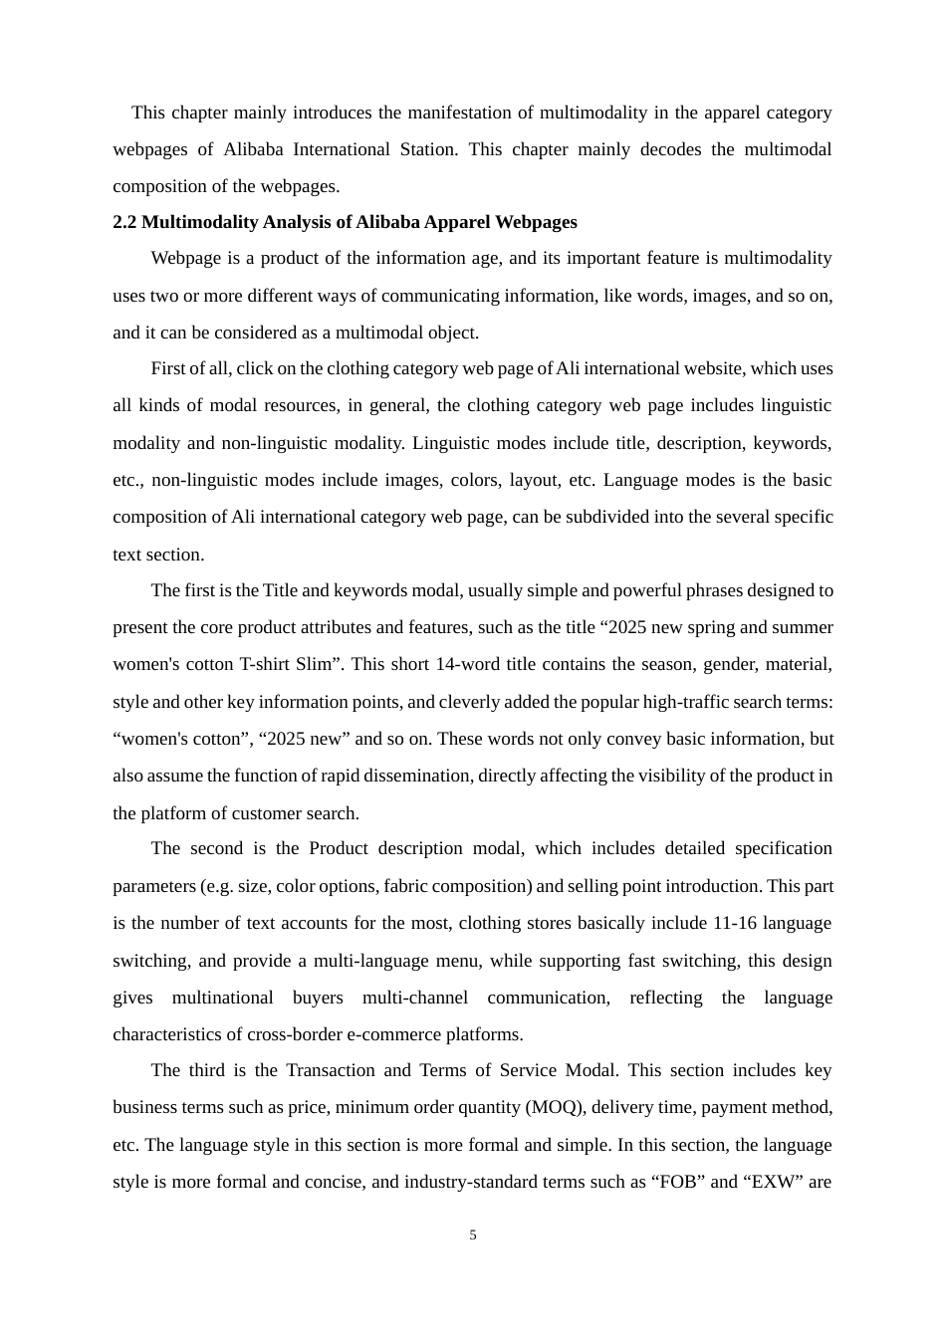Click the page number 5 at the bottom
pos(473,1235)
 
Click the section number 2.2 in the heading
pos(124,222)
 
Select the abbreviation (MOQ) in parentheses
pos(557,1107)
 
